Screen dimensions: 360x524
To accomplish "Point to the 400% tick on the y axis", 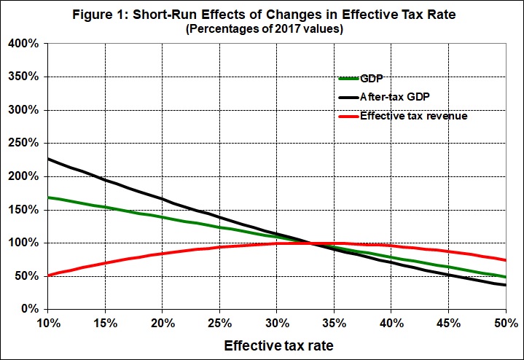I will (24, 44).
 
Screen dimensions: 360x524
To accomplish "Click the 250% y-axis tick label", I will (24, 144).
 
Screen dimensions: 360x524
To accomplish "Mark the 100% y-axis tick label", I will (24, 243).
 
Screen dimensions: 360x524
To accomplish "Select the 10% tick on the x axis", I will (49, 321).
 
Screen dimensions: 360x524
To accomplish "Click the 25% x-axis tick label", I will (220, 321).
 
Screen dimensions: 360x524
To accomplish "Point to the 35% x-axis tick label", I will (335, 321).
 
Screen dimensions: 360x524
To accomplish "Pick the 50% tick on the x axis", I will (505, 321).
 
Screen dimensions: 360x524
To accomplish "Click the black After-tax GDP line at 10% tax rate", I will (49, 159).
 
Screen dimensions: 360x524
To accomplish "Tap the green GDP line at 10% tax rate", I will (49, 197).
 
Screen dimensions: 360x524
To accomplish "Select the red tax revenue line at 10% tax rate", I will (49, 275).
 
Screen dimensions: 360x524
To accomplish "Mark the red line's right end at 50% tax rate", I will (505, 260).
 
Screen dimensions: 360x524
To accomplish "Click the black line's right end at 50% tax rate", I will (505, 285).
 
